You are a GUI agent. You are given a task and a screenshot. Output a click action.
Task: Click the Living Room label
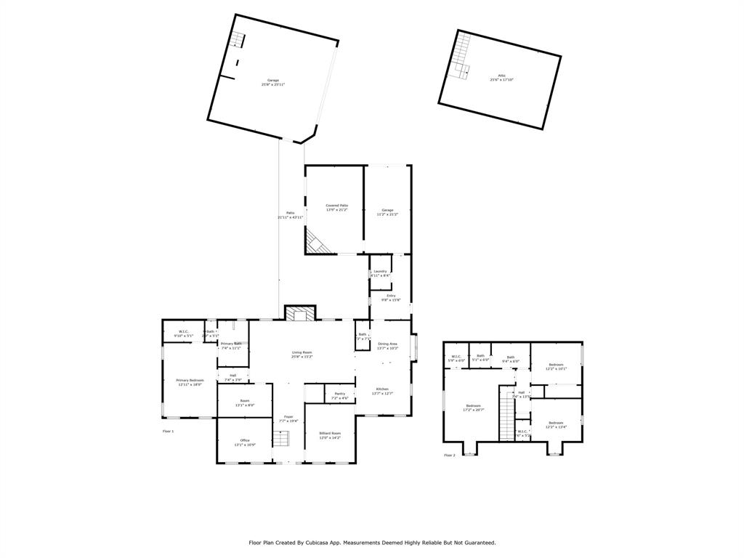[302, 354]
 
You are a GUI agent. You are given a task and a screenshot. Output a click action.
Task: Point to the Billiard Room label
[330, 435]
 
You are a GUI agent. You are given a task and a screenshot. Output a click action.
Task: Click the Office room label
[245, 442]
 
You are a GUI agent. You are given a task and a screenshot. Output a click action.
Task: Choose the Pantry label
[339, 395]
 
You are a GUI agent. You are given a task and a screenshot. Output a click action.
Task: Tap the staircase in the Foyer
[281, 439]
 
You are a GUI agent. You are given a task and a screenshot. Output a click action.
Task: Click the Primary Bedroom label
[190, 382]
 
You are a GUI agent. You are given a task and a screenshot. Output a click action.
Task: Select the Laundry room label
[380, 273]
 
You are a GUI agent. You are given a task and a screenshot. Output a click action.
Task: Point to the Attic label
[501, 78]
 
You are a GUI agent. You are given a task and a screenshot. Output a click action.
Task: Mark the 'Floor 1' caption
[168, 431]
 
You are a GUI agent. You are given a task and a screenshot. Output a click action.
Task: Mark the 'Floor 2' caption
[450, 455]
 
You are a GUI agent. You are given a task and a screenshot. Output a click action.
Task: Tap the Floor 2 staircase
[506, 414]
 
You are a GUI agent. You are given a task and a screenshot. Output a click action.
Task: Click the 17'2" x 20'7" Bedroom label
[473, 408]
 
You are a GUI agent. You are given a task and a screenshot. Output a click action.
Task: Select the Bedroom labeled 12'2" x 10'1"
[556, 366]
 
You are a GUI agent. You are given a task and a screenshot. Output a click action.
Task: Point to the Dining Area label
[387, 345]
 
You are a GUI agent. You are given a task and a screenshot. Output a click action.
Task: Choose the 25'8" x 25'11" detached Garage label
[272, 82]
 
